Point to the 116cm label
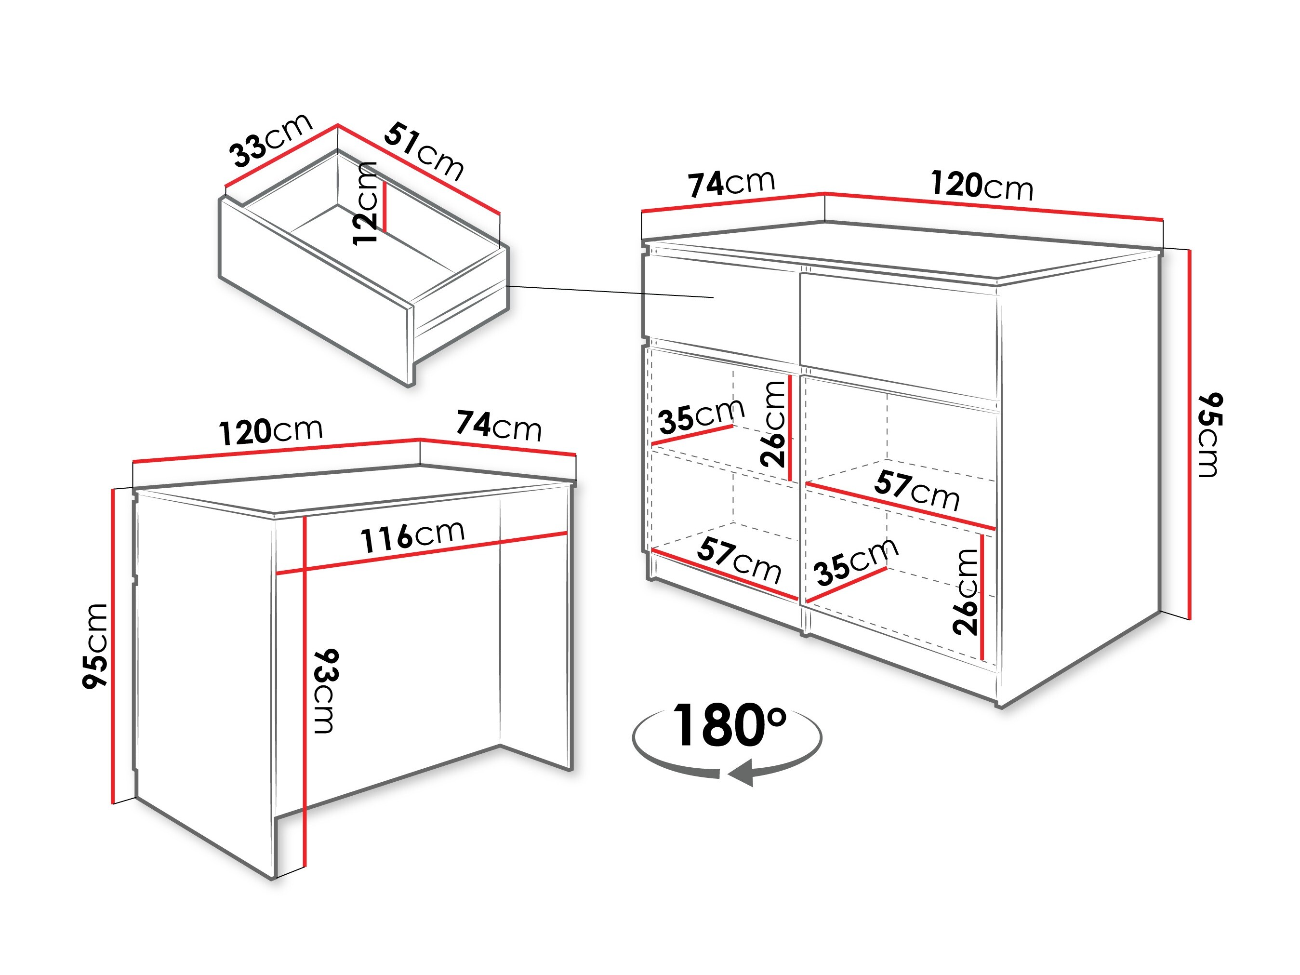pyautogui.click(x=412, y=536)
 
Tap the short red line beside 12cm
pyautogui.click(x=385, y=206)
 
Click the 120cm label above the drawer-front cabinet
pyautogui.click(x=982, y=185)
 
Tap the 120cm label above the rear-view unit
pyautogui.click(x=271, y=431)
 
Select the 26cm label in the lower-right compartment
pyautogui.click(x=965, y=592)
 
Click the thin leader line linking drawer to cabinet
pyautogui.click(x=610, y=292)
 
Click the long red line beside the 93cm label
pyautogui.click(x=305, y=693)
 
